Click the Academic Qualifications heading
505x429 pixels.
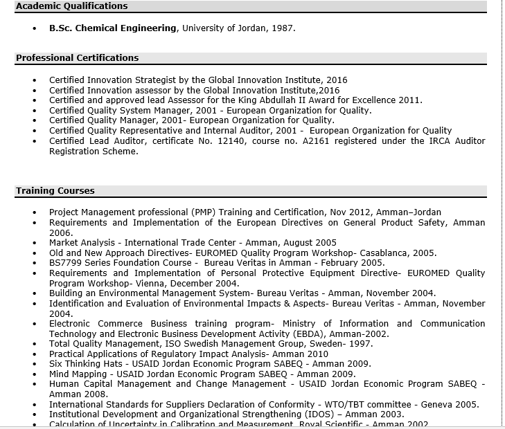click(71, 6)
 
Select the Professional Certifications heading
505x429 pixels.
click(77, 58)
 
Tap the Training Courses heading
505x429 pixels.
click(55, 191)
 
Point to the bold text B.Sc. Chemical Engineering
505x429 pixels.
click(112, 28)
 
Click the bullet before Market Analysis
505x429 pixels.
click(34, 243)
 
